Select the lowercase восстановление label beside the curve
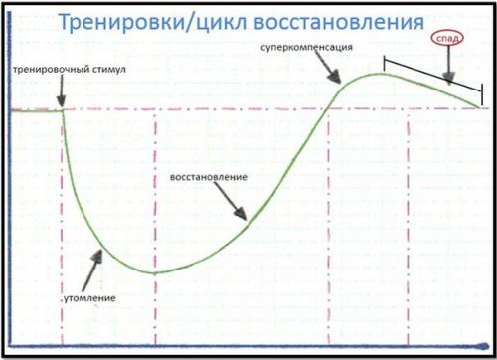208,176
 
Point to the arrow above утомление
95,262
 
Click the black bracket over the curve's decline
432,71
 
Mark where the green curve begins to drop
63,110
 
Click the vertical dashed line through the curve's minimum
157,199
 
